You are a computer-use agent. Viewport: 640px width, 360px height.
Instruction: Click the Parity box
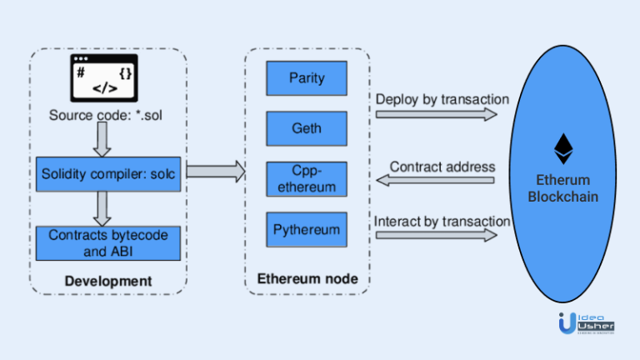[x=307, y=78]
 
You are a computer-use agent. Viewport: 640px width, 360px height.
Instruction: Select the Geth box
[x=307, y=128]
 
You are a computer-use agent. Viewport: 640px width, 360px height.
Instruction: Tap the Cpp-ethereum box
[x=307, y=178]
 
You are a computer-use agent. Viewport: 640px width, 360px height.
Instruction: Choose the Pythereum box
[x=307, y=229]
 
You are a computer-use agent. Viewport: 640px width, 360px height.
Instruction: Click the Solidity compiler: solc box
[x=108, y=173]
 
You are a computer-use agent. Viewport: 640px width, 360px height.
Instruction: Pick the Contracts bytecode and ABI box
[x=108, y=242]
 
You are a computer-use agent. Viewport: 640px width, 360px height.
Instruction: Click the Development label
[x=108, y=281]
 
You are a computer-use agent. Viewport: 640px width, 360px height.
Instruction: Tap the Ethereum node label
[x=307, y=278]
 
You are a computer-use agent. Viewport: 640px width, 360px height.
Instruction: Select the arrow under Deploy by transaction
[x=436, y=115]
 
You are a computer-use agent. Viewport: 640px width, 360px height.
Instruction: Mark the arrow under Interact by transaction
[x=436, y=236]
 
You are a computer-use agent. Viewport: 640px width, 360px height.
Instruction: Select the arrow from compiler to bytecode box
[x=102, y=207]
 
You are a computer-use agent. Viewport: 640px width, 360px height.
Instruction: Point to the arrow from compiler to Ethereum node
[x=215, y=172]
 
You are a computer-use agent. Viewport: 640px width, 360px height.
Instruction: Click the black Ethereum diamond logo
[x=563, y=149]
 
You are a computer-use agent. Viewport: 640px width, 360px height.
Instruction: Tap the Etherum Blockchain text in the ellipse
[x=563, y=188]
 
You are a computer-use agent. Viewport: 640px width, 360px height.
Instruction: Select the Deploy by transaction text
[x=442, y=99]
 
